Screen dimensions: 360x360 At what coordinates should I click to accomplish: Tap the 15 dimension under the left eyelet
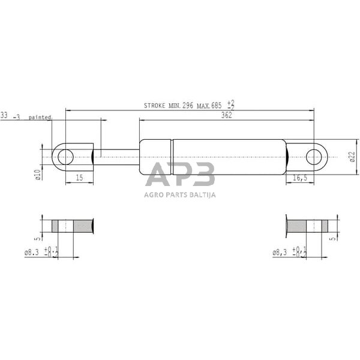tap(79, 178)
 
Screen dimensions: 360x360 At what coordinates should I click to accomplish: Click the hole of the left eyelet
tap(65, 157)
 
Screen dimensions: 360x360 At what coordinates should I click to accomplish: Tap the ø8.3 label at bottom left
tap(32, 253)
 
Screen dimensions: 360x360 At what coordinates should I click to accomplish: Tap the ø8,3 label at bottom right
tap(280, 253)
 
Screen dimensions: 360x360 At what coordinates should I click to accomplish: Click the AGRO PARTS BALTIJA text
tap(180, 194)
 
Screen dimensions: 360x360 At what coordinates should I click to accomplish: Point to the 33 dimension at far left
tap(4, 115)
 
